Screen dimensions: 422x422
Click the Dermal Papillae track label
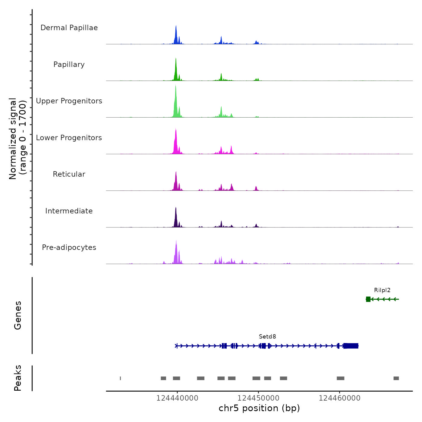(x=69, y=28)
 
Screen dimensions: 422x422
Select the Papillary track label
(x=69, y=65)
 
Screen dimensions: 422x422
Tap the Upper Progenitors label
(x=69, y=101)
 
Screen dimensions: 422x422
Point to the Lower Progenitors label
(x=69, y=138)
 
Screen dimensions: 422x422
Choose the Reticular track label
(x=69, y=174)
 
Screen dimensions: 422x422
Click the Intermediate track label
(x=69, y=211)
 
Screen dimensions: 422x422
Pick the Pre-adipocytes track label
(x=69, y=247)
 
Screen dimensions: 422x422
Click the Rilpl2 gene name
(x=382, y=290)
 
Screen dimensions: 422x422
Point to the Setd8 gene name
(x=267, y=337)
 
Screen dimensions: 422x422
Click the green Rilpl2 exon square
(x=368, y=299)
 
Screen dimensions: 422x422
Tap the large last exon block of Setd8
(x=351, y=346)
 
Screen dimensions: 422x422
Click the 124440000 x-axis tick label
(x=177, y=398)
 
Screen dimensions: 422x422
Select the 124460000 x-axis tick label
(x=339, y=398)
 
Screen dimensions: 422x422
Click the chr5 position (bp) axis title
(x=259, y=408)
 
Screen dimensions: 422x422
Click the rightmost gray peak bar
(x=396, y=378)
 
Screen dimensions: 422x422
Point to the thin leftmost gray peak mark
(x=120, y=378)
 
